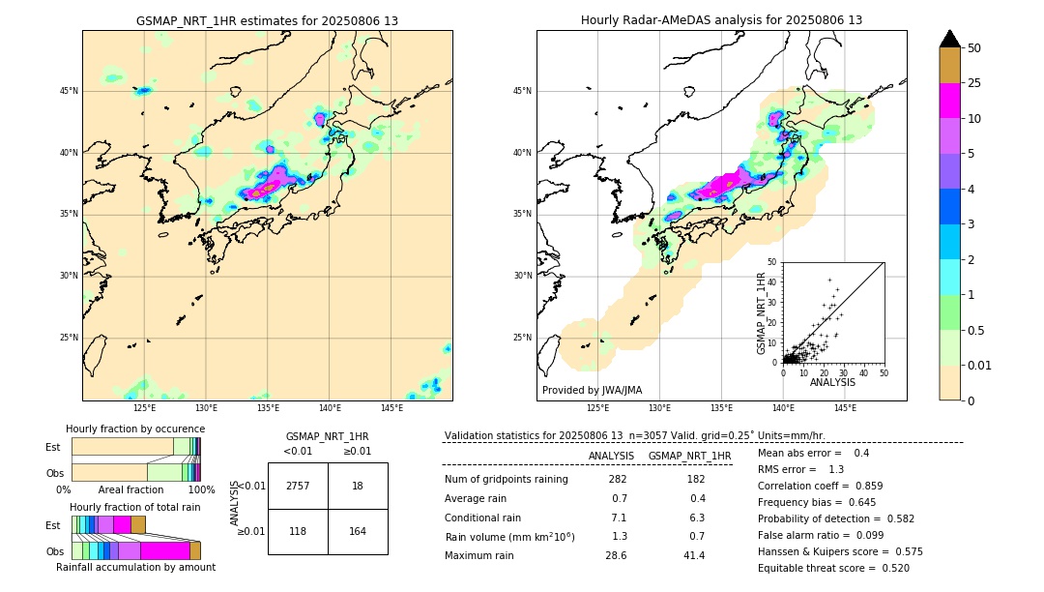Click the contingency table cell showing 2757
click(298, 486)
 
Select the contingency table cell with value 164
click(358, 531)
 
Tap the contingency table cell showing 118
click(298, 531)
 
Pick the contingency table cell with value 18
click(358, 486)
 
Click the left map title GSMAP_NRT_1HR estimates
click(267, 20)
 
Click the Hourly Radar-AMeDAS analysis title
click(721, 20)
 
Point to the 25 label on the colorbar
click(974, 83)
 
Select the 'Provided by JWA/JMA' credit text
click(592, 390)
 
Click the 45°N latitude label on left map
click(69, 91)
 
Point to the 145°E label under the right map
click(845, 408)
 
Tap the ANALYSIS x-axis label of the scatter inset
click(832, 382)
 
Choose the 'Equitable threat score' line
click(833, 568)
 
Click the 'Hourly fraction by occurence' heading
click(135, 429)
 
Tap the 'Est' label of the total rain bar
click(53, 524)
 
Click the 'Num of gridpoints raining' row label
click(506, 480)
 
